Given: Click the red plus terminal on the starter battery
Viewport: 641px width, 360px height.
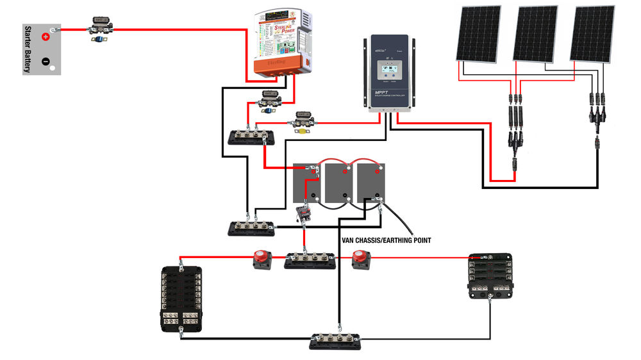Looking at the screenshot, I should pos(46,37).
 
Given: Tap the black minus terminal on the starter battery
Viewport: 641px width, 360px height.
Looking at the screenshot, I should pos(46,61).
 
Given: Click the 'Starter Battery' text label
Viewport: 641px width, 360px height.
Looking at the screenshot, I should pos(28,50).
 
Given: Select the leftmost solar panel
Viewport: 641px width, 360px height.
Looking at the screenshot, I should pos(479,33).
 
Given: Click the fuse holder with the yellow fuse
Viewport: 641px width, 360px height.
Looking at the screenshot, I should pos(301,122).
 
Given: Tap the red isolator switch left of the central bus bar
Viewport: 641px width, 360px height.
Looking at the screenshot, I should pos(261,259).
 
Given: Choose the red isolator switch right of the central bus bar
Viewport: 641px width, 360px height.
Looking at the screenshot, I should pos(360,259).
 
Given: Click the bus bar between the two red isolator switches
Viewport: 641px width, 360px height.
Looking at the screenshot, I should pos(310,260).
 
